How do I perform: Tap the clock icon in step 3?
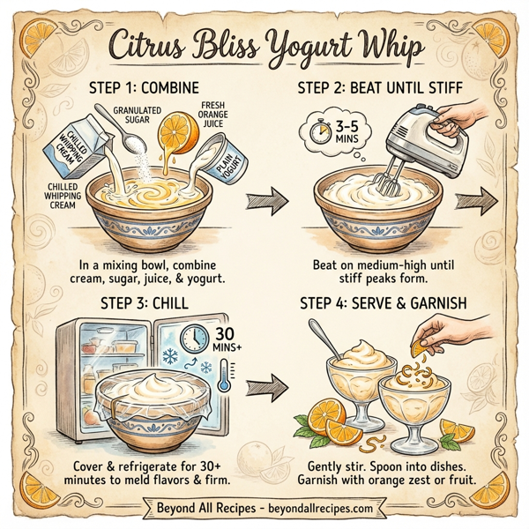point(194,339)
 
